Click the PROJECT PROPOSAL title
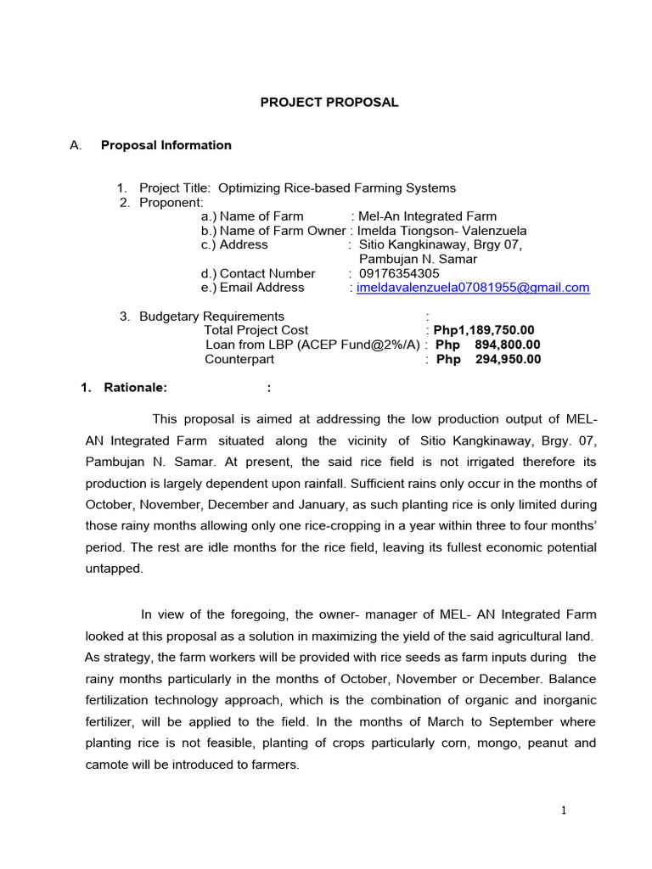coord(329,103)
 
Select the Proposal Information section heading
coord(166,145)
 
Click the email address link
coord(472,288)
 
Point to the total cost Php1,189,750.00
coord(484,330)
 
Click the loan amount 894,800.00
coord(507,345)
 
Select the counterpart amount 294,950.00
coord(507,359)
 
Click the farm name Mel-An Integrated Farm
coord(428,216)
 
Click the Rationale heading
coord(136,388)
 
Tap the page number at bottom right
coord(563,810)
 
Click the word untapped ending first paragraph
coord(115,569)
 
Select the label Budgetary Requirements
coord(212,317)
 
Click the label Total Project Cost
coord(256,330)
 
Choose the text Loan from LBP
coord(248,345)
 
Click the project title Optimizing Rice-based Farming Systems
coord(337,188)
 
